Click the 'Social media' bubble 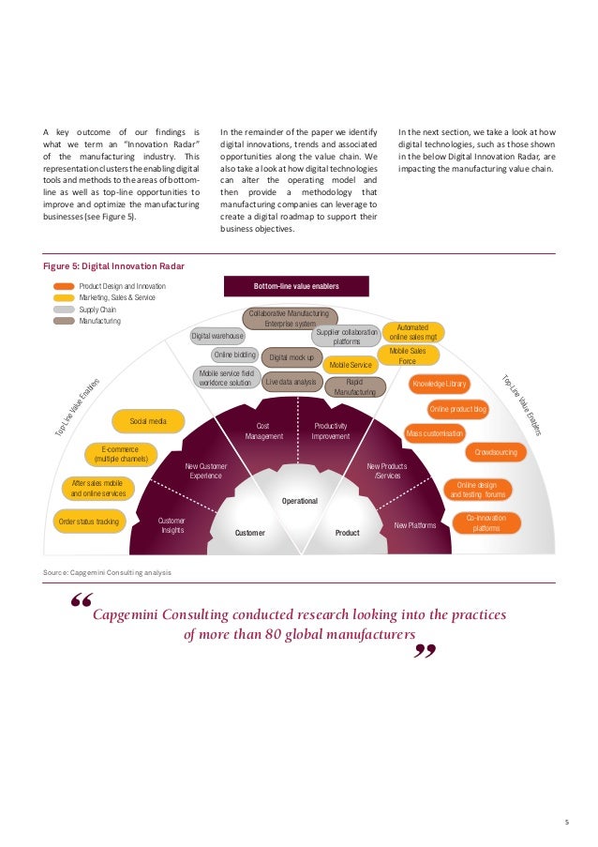coord(148,421)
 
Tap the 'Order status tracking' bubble coord(89,522)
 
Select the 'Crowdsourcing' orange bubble coord(495,452)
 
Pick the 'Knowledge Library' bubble coord(439,384)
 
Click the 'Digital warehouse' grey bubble coord(217,335)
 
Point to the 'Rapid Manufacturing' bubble coord(354,386)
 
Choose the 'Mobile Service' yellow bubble coord(351,363)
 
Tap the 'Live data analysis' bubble coord(292,382)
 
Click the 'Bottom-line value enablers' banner coord(296,286)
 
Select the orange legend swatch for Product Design coord(65,286)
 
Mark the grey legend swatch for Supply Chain coord(65,309)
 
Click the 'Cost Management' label coord(264,431)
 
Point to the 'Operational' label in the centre coord(299,501)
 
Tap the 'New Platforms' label coord(415,525)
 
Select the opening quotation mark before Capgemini coord(82,602)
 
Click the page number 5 coord(566,822)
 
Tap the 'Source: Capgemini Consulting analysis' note coord(108,571)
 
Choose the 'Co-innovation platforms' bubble coord(486,522)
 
